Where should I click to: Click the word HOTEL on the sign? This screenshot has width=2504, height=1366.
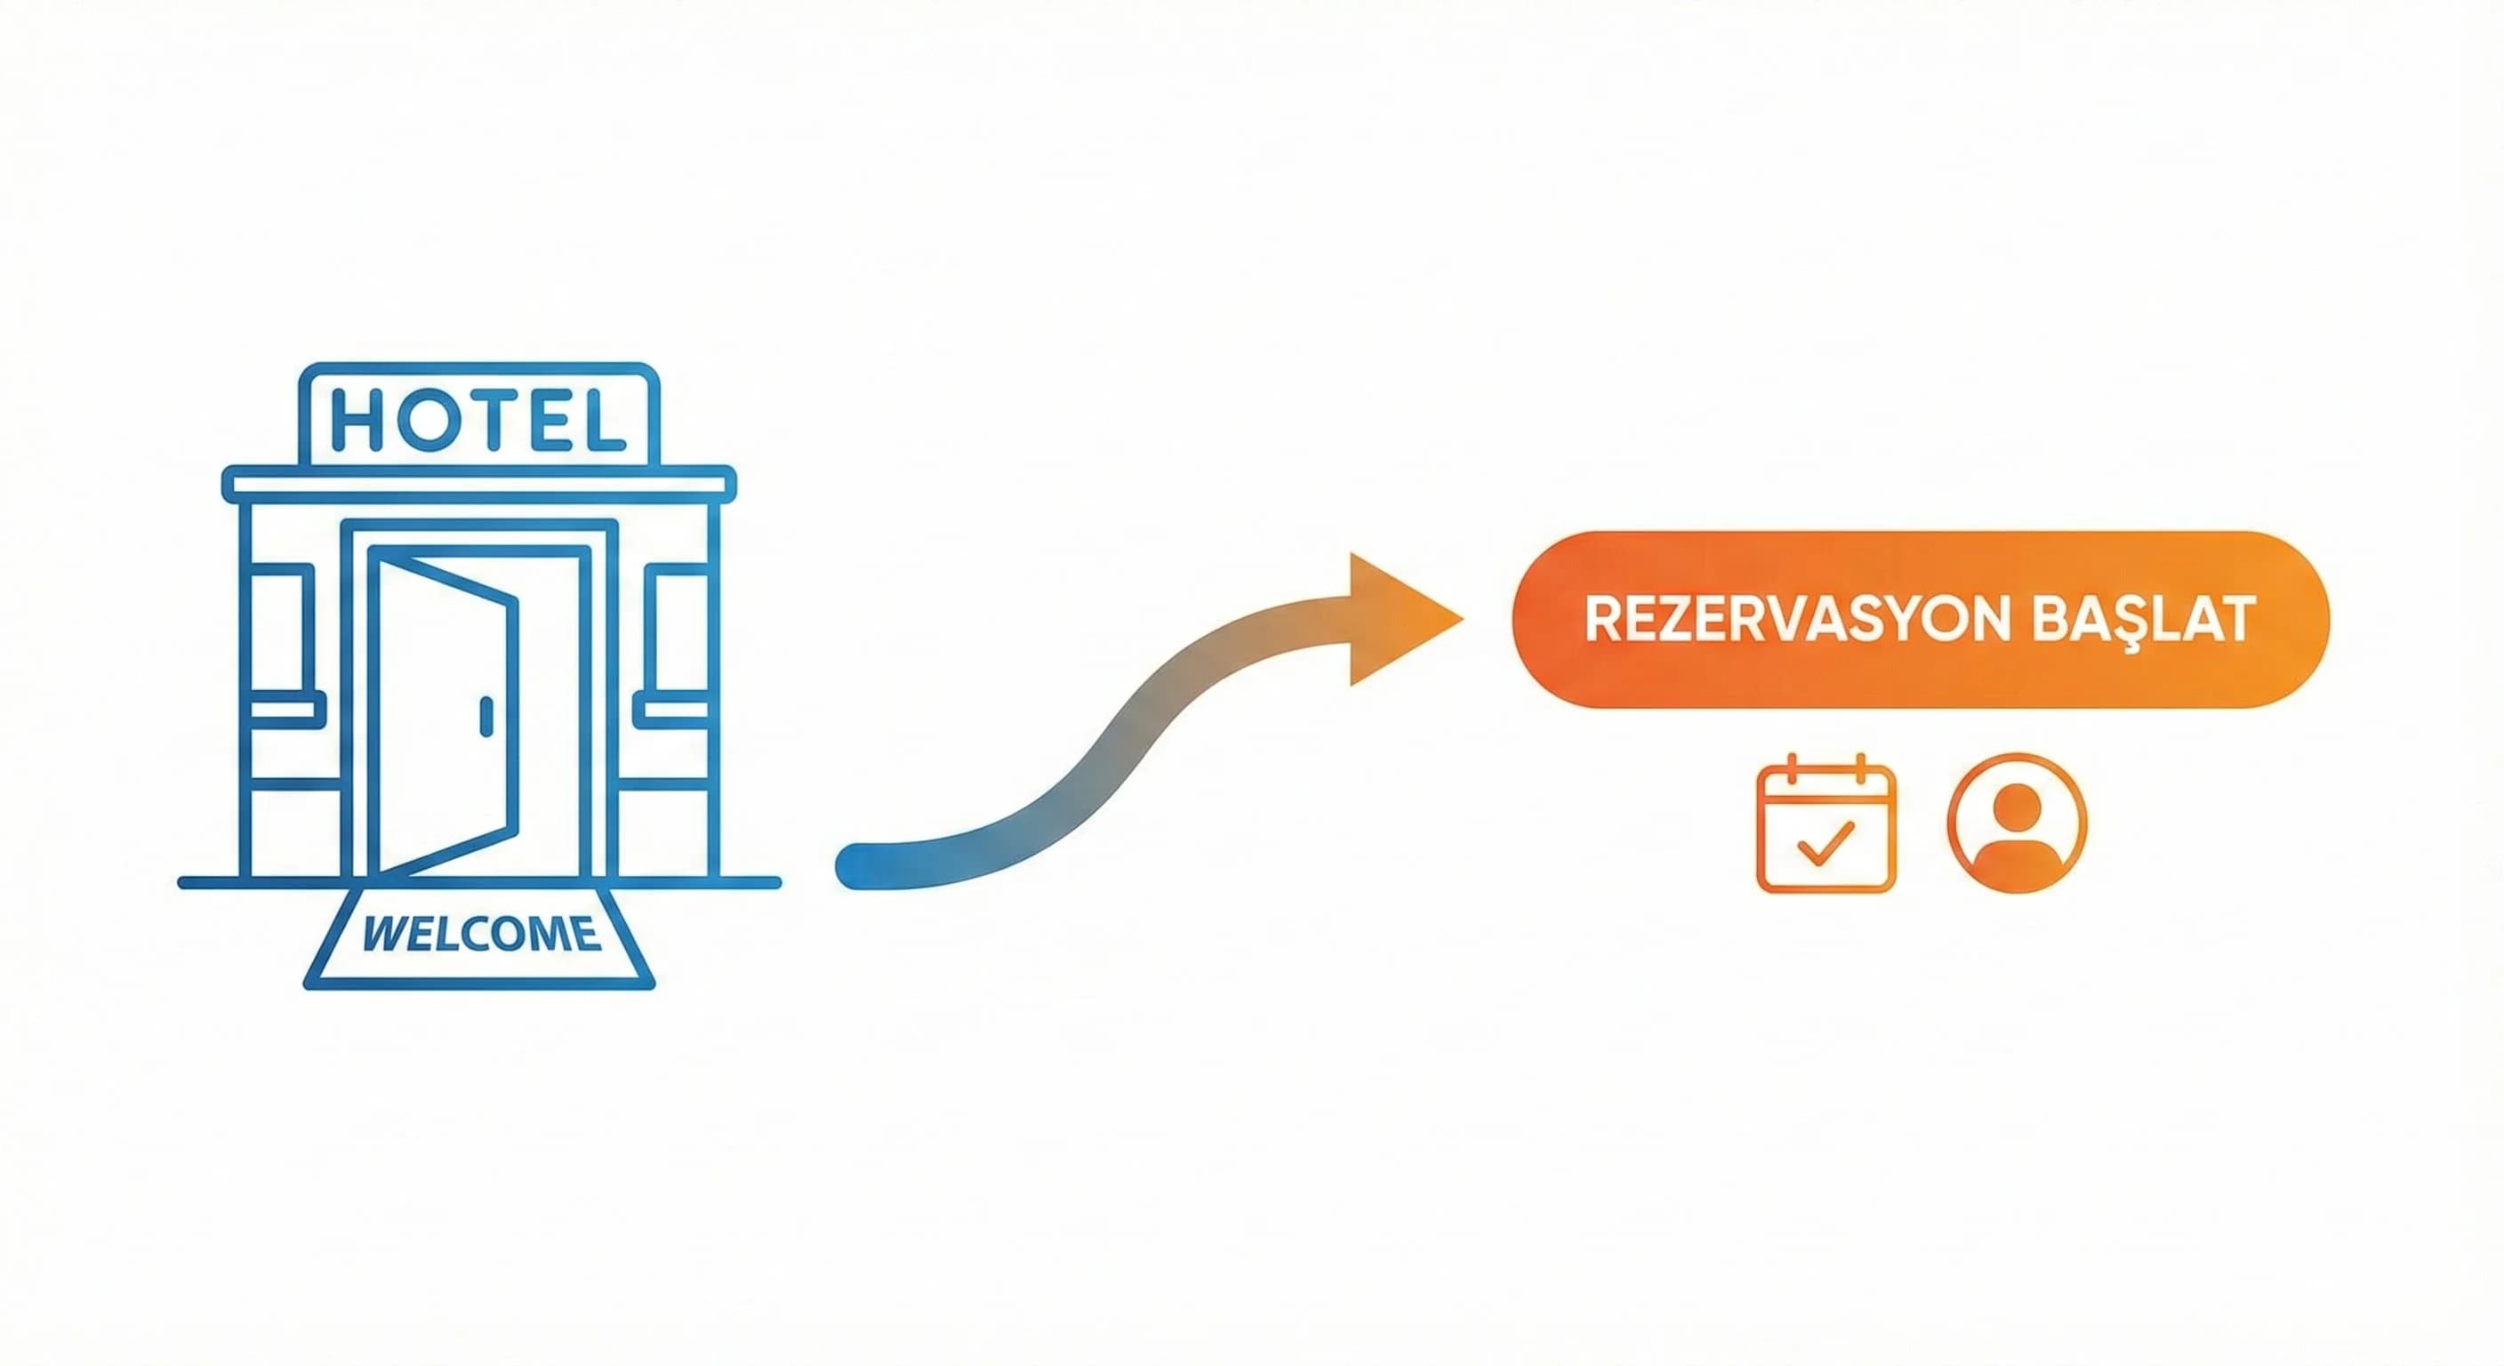[478, 420]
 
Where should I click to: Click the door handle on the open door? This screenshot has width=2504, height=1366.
[486, 717]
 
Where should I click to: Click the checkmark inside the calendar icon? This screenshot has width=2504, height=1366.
[1826, 842]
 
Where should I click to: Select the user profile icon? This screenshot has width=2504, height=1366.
[2017, 824]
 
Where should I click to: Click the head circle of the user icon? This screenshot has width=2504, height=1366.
[2017, 803]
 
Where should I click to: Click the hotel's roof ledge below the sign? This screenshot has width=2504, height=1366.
[478, 484]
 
